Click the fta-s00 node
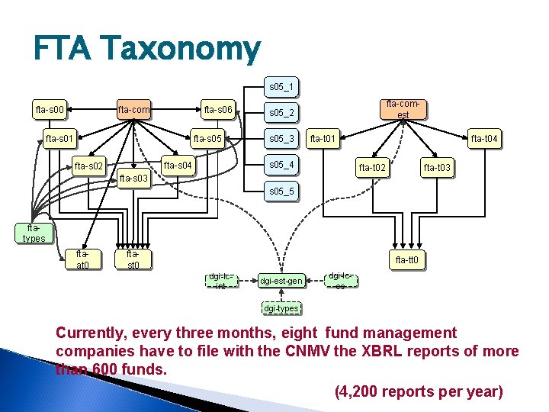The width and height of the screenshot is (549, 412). point(50,110)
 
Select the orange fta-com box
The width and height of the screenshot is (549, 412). point(133,110)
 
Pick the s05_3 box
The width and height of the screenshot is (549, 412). point(281,138)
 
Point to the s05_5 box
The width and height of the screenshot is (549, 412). point(281,190)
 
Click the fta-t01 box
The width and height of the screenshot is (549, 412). point(323,138)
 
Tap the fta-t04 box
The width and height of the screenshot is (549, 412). point(483,138)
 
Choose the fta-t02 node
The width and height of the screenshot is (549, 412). point(373,167)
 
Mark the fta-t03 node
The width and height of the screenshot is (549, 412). point(437,167)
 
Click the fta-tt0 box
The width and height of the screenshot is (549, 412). point(406,260)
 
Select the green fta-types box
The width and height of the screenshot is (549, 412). point(34,233)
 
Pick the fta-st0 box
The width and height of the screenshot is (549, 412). point(133,259)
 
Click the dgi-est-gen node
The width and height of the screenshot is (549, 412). point(281,281)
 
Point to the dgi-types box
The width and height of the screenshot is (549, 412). point(281,308)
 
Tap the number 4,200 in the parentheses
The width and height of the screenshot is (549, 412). point(364,391)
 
